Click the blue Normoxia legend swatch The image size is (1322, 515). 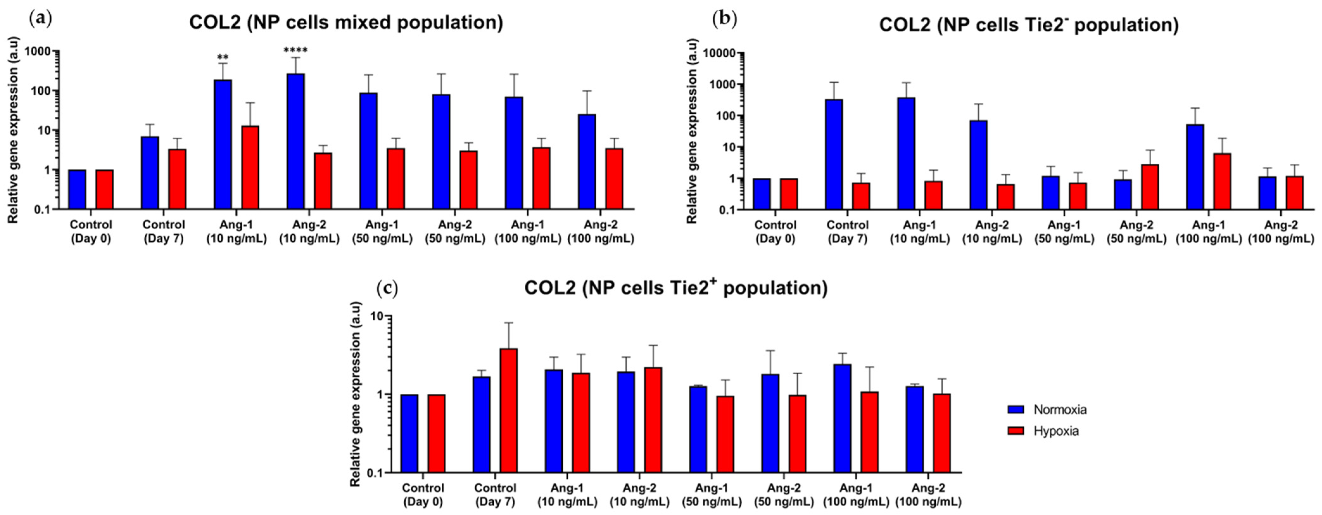point(1015,409)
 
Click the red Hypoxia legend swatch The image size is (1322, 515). point(1015,431)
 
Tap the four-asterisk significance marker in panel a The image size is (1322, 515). point(296,51)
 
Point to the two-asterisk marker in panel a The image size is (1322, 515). point(223,57)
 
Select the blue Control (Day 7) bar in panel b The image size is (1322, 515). point(834,154)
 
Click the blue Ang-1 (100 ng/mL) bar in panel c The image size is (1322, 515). point(842,418)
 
